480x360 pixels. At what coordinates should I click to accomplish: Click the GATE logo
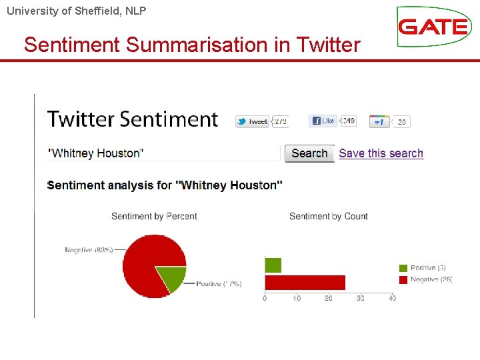[x=433, y=27]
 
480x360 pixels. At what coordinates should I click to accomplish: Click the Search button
[x=309, y=153]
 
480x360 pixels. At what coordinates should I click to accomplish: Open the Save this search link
[x=381, y=153]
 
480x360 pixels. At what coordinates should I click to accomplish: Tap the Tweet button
[x=253, y=121]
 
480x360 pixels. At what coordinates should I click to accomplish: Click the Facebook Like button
[x=323, y=121]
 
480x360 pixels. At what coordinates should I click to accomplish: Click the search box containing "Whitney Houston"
[x=163, y=153]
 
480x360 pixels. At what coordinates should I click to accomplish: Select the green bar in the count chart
[x=273, y=265]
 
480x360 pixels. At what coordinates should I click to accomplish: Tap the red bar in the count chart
[x=305, y=282]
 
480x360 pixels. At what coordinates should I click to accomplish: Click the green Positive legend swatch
[x=403, y=268]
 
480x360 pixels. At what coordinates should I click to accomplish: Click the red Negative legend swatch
[x=403, y=279]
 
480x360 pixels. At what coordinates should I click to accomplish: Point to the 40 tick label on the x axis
[x=392, y=298]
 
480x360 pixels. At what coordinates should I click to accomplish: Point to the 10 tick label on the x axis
[x=297, y=298]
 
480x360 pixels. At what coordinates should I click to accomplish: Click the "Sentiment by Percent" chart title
[x=154, y=216]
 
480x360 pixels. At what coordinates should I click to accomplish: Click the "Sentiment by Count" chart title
[x=329, y=216]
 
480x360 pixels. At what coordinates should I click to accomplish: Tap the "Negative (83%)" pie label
[x=89, y=250]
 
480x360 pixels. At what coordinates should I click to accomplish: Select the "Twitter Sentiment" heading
[x=133, y=119]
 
